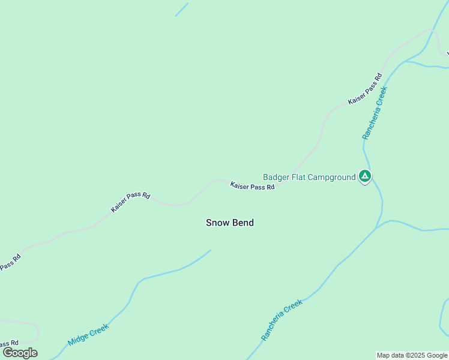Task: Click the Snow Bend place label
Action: (230, 223)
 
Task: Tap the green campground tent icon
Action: (364, 176)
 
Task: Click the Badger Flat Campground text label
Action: (309, 177)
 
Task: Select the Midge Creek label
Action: (88, 335)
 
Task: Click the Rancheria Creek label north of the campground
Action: (375, 113)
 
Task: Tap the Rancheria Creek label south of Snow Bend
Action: (282, 320)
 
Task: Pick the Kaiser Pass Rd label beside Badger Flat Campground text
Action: (252, 187)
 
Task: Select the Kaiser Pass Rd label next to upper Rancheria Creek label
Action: (365, 89)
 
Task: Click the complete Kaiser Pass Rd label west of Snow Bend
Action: (130, 202)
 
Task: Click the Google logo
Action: (20, 353)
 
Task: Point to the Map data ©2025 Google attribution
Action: (412, 355)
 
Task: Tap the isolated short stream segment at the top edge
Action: (181, 10)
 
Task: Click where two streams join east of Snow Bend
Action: (378, 226)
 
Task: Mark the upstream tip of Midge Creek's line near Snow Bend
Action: (210, 251)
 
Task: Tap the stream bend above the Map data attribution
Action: (441, 327)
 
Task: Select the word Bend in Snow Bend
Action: (243, 223)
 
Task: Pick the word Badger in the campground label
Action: (276, 177)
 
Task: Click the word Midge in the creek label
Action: (79, 340)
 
